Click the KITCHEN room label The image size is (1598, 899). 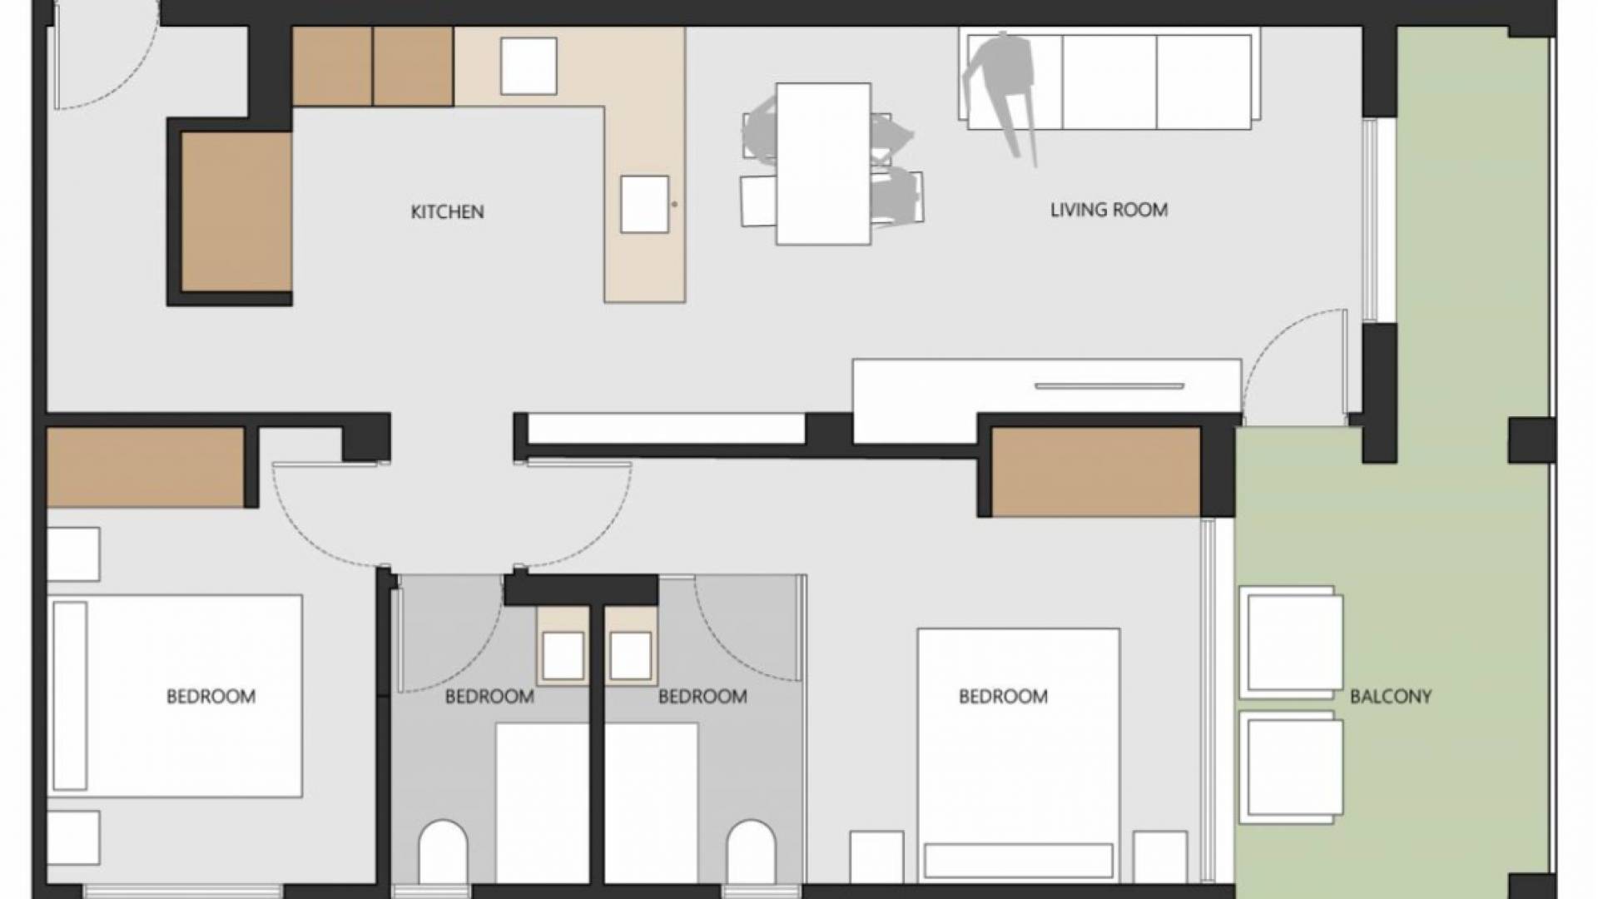click(x=447, y=212)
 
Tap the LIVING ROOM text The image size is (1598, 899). click(x=1109, y=210)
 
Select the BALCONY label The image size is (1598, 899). click(x=1390, y=697)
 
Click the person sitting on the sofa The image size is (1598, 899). click(x=1003, y=83)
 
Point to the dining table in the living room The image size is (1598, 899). click(x=823, y=164)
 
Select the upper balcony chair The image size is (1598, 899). click(x=1291, y=642)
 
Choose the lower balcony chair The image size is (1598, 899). click(x=1291, y=766)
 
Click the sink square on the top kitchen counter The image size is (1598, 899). click(x=529, y=66)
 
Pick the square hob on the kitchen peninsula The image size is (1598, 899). click(x=644, y=204)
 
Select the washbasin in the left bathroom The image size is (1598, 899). click(x=563, y=656)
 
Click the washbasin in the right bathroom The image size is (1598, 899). click(x=630, y=656)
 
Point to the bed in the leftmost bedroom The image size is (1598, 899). click(x=175, y=695)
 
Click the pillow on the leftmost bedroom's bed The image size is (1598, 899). click(x=70, y=695)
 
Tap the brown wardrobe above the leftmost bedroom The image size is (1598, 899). click(x=146, y=467)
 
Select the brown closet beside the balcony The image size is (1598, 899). click(x=1095, y=471)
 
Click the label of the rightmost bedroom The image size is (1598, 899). click(x=1003, y=697)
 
